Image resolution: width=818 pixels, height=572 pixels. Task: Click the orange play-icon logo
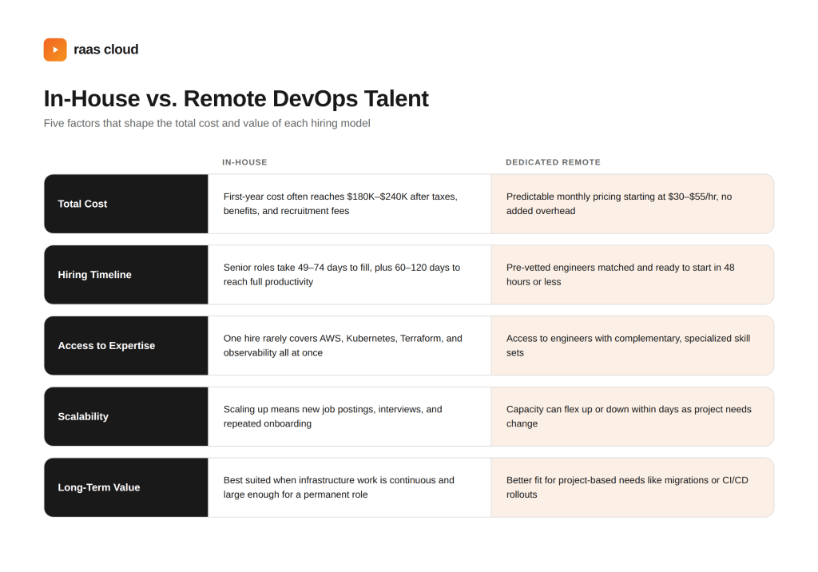tap(55, 50)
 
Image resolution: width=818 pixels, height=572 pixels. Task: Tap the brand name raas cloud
tap(106, 50)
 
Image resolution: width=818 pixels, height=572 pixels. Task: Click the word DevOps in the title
tap(315, 98)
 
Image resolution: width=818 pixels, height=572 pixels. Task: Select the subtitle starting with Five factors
tap(207, 124)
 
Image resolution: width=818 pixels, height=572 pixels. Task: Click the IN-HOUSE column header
tap(244, 162)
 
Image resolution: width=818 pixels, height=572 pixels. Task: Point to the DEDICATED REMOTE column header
tap(553, 162)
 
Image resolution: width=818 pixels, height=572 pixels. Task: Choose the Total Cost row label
tap(82, 204)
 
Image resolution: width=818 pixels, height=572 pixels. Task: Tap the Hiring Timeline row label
tap(94, 275)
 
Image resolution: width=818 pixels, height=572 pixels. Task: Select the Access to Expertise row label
tap(106, 346)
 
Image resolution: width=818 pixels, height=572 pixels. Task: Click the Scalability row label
tap(83, 417)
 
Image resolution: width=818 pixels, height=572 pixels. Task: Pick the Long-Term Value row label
tap(98, 488)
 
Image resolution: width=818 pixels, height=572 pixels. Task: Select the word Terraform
tap(422, 339)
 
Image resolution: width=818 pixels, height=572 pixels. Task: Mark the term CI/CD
tap(735, 481)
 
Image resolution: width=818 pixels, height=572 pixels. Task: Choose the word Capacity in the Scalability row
tap(525, 410)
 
